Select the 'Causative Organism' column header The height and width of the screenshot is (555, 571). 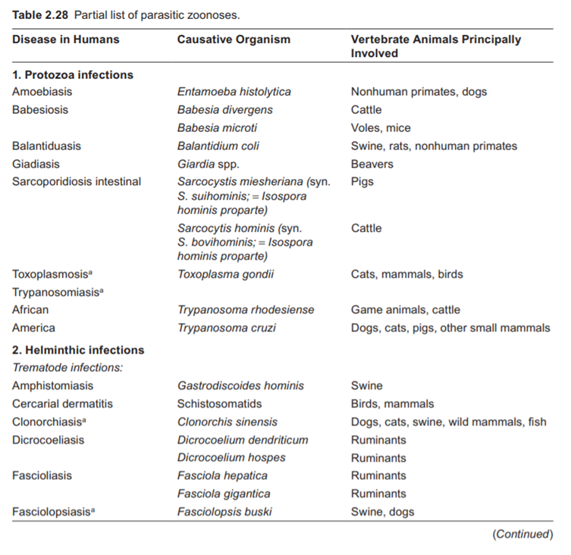(x=234, y=39)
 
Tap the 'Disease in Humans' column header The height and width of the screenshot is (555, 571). (x=65, y=39)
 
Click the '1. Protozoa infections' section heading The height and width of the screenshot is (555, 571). (x=72, y=74)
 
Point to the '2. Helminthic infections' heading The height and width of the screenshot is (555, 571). (x=77, y=350)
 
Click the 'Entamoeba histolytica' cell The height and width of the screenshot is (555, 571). (x=234, y=92)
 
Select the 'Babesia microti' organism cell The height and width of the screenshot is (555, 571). (x=218, y=127)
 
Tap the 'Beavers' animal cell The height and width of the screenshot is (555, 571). (x=372, y=164)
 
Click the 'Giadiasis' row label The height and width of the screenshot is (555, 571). (x=36, y=164)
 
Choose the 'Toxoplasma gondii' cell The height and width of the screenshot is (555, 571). (x=225, y=274)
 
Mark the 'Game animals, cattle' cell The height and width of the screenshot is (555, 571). (x=405, y=310)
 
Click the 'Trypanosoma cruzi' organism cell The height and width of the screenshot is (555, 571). (x=226, y=328)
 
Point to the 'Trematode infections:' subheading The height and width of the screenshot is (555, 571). (x=67, y=368)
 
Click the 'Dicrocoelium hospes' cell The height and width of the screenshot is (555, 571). (x=231, y=458)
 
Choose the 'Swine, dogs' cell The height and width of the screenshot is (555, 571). (x=382, y=512)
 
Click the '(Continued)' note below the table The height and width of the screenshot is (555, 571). (x=522, y=535)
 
